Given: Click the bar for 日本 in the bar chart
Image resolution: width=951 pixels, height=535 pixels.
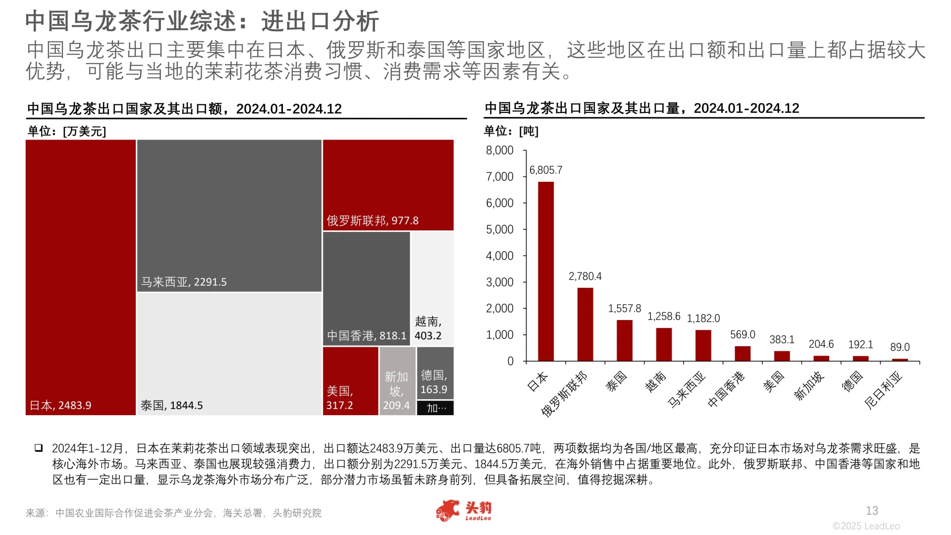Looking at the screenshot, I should (x=546, y=271).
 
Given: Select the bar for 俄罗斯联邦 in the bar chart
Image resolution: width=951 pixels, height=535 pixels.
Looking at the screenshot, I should (x=585, y=324).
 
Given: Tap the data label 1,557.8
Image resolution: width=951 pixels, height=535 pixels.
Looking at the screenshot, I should (x=625, y=309).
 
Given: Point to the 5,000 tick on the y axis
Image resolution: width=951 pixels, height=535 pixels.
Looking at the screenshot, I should (x=500, y=230).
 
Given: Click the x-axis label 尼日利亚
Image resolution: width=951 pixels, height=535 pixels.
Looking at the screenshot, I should (x=884, y=390).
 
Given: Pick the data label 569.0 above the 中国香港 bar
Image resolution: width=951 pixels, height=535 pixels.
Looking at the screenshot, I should (x=742, y=335).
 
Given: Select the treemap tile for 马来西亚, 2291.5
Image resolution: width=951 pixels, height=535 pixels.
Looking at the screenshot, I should (x=229, y=215).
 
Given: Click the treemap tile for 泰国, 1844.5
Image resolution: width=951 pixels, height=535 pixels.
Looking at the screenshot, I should (x=229, y=354).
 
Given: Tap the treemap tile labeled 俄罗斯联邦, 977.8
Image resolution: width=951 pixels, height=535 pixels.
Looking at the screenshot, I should (x=388, y=185).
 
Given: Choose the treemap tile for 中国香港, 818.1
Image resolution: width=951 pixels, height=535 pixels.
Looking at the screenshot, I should (x=366, y=288).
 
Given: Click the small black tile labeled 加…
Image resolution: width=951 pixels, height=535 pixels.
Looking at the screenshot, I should (x=435, y=408).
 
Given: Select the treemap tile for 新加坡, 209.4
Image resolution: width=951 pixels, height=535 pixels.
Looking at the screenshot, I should (x=397, y=381).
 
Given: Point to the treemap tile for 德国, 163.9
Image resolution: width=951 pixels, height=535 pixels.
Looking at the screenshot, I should (x=435, y=373).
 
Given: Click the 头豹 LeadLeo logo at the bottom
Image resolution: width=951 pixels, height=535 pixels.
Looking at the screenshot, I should (x=464, y=511).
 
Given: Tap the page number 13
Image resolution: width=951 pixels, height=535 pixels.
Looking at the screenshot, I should (x=872, y=511).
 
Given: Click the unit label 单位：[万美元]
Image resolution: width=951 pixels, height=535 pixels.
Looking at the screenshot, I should (x=67, y=131).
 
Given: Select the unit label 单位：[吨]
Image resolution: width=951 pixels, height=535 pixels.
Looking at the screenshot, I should (x=511, y=131).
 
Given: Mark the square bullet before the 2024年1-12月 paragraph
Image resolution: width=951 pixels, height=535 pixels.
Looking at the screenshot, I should (x=39, y=448).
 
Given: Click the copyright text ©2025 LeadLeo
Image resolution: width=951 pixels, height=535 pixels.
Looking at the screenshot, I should (x=866, y=526).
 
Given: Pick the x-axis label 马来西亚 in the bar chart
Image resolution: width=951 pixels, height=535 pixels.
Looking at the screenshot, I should (x=687, y=390).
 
